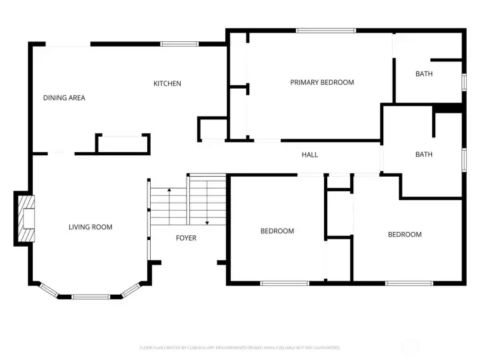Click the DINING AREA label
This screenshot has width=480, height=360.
pos(64,98)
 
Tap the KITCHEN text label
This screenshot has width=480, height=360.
pos(167,83)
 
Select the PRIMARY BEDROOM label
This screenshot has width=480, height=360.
pos(322,82)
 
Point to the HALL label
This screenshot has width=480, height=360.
pos(310,155)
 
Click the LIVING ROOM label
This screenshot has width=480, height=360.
pos(91,227)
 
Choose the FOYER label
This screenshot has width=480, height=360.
pos(186,238)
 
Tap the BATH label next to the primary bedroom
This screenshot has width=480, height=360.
pos(424,74)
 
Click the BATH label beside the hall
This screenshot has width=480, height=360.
pos(424,155)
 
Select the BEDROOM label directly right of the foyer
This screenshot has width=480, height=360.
pos(277,231)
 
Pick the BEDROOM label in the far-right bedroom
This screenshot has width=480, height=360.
pos(405,235)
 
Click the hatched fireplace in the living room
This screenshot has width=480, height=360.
pos(25,219)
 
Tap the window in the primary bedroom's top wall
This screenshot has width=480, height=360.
pos(325,30)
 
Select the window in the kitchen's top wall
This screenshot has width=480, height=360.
pos(179,44)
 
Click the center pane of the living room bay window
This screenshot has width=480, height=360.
pos(91,296)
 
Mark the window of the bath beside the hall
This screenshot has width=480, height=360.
pos(463,161)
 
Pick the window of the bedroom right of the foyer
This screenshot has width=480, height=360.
pos(284,283)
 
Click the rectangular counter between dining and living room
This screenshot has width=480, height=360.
pos(123,144)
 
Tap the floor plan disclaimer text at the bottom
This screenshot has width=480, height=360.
pos(240,347)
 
